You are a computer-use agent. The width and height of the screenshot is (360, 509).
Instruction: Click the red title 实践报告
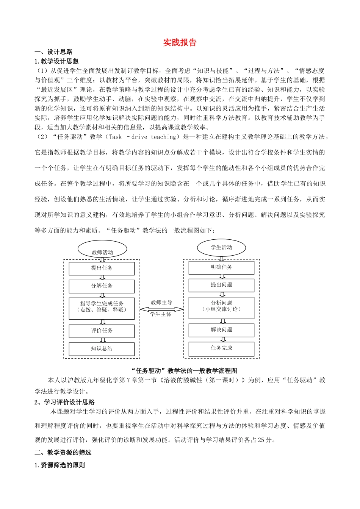[180, 42]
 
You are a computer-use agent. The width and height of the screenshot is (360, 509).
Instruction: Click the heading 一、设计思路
[53, 52]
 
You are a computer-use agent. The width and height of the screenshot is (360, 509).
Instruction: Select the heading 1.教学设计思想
[56, 61]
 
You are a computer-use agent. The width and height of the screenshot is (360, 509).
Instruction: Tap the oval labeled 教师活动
[102, 250]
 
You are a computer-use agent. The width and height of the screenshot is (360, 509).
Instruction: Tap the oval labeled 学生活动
[222, 248]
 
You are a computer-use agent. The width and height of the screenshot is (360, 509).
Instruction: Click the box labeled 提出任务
[102, 268]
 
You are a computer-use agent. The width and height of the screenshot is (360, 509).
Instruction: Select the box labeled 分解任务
[102, 286]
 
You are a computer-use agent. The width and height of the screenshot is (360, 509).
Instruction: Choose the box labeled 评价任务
[102, 331]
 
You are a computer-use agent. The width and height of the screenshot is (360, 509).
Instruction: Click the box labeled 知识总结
[102, 349]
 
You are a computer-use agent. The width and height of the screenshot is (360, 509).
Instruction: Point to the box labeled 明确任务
[222, 267]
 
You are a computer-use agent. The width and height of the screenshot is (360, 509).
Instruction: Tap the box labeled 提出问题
[222, 285]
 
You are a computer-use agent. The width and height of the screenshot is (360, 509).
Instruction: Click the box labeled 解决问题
[222, 330]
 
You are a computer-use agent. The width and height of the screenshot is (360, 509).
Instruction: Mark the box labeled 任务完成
[222, 348]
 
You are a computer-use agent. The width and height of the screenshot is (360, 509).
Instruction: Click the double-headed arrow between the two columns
[161, 309]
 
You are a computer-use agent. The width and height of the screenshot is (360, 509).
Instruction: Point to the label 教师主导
[161, 303]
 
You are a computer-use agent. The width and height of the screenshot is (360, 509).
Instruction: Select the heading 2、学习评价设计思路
[64, 402]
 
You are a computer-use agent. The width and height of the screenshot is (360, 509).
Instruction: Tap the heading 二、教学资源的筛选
[63, 453]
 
